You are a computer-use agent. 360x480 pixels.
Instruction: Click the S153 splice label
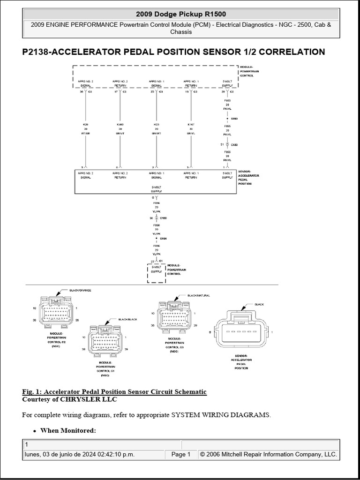[x=234, y=119]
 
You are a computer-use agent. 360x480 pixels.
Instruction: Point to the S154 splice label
[x=163, y=239]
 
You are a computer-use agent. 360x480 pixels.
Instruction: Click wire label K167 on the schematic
[x=191, y=125]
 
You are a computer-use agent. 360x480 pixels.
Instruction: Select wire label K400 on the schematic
[x=120, y=125]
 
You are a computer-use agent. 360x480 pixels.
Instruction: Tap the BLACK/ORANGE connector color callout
[x=80, y=291]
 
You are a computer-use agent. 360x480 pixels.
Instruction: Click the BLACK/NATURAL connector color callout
[x=198, y=296]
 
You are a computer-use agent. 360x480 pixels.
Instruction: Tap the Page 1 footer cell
[x=180, y=454]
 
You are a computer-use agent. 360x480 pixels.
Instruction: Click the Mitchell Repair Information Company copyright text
[x=268, y=454]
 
